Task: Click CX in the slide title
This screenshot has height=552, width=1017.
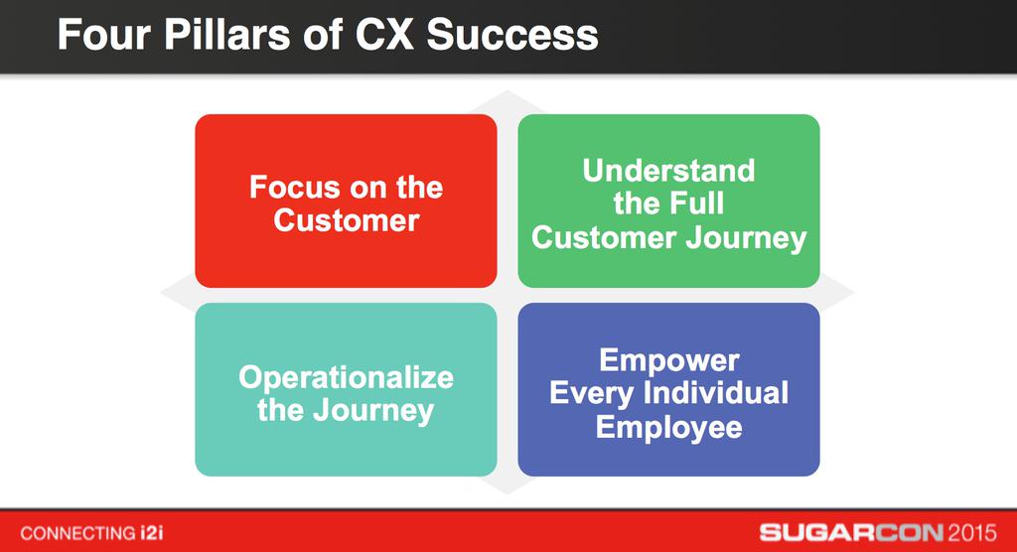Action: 384,35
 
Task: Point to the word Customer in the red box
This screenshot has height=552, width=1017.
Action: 346,219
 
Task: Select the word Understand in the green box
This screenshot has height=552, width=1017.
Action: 668,171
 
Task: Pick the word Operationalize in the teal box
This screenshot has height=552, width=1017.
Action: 346,377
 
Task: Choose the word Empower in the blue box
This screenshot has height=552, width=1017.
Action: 668,359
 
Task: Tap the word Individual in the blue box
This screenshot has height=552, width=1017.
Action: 715,393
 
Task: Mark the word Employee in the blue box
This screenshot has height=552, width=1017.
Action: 668,427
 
